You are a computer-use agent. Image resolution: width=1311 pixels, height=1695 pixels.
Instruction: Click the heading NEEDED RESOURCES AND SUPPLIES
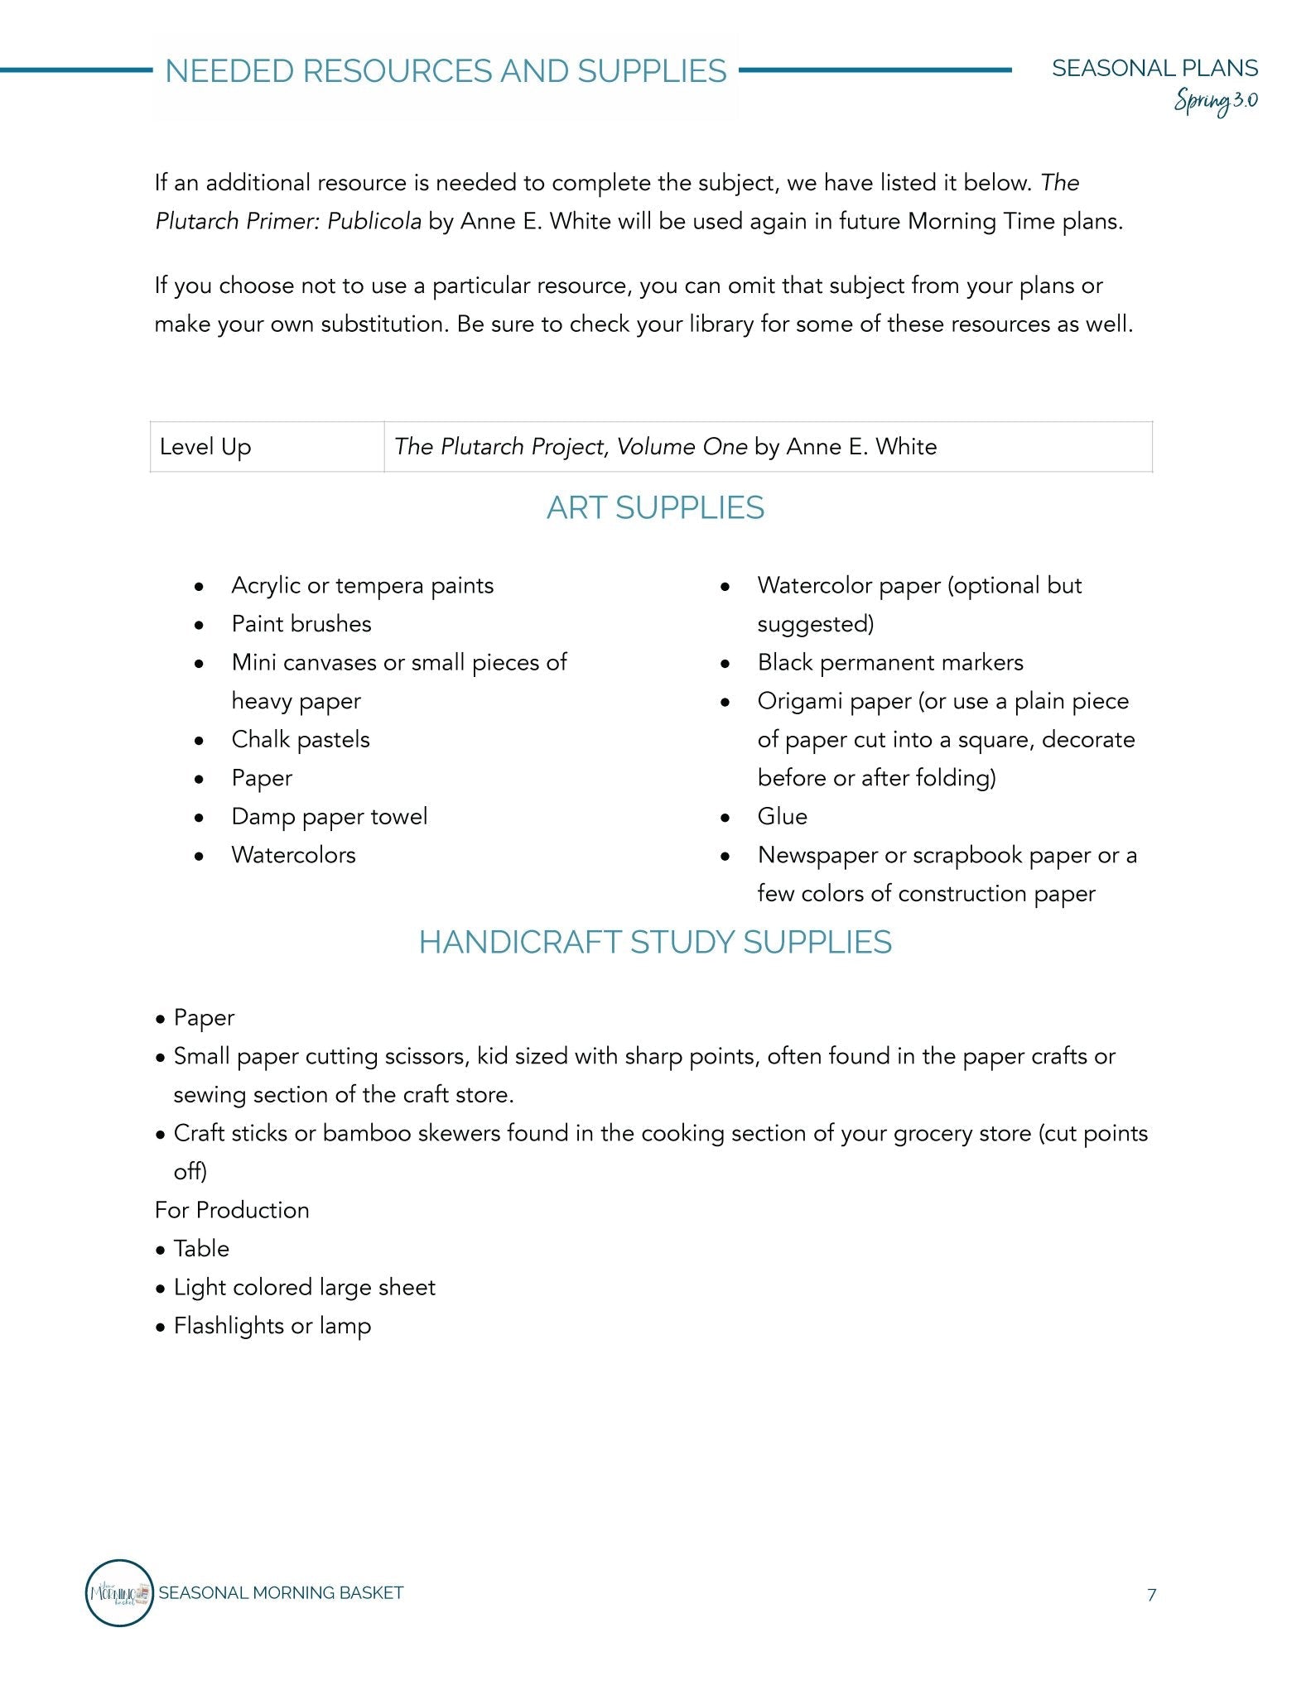[446, 72]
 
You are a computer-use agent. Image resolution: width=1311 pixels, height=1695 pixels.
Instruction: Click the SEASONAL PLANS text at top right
[1154, 68]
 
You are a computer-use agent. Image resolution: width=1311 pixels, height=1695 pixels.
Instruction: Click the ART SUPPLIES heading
[655, 508]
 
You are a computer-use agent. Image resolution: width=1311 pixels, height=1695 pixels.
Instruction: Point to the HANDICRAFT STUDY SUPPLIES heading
[655, 943]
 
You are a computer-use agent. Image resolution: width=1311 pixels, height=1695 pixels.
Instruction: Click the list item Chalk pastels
[301, 739]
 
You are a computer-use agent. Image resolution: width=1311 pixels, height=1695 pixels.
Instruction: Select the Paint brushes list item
[301, 624]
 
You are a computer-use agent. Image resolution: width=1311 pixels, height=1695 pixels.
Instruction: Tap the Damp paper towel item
[330, 817]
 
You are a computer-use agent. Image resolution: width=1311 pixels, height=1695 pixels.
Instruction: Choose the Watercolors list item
[294, 855]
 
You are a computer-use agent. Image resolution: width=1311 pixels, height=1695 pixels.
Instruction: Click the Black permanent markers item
[890, 663]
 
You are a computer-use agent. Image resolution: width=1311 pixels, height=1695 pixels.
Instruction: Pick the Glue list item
[782, 817]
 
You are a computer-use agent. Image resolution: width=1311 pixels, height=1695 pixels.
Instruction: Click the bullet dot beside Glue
[725, 818]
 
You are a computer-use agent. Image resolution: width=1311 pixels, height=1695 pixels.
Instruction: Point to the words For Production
[232, 1210]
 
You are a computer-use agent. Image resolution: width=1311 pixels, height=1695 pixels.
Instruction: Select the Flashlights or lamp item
[272, 1326]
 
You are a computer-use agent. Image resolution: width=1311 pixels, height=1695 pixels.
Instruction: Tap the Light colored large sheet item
[304, 1288]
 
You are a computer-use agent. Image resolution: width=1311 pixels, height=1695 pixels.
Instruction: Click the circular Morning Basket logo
[120, 1593]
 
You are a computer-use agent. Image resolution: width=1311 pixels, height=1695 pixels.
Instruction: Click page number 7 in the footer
[1151, 1595]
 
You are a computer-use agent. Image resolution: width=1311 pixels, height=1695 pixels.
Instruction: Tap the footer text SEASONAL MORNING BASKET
[281, 1593]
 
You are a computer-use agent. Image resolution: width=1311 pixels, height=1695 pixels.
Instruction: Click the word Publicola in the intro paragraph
[374, 222]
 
